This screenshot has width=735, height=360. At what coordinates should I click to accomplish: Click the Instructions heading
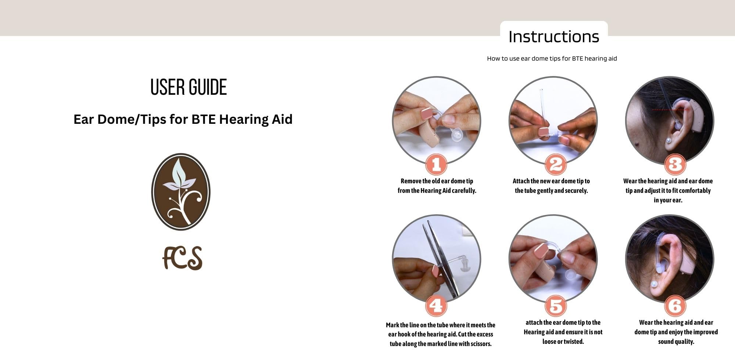(554, 37)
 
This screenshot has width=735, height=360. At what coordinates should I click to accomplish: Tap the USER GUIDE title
(189, 87)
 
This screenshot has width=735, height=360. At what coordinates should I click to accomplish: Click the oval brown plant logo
(181, 192)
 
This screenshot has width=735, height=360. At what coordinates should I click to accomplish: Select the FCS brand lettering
(182, 258)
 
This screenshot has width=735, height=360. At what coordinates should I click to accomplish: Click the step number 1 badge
(436, 164)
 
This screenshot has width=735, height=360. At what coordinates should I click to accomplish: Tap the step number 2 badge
(555, 164)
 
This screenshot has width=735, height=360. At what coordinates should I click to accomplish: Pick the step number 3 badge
(675, 164)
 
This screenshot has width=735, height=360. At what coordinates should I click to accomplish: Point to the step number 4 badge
(436, 306)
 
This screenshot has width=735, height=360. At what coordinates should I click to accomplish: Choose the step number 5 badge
(555, 306)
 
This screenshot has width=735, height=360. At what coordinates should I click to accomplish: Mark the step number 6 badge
(675, 306)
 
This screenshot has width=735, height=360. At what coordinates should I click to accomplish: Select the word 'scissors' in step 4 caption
(481, 344)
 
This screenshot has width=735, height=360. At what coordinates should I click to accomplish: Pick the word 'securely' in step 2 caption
(576, 191)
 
